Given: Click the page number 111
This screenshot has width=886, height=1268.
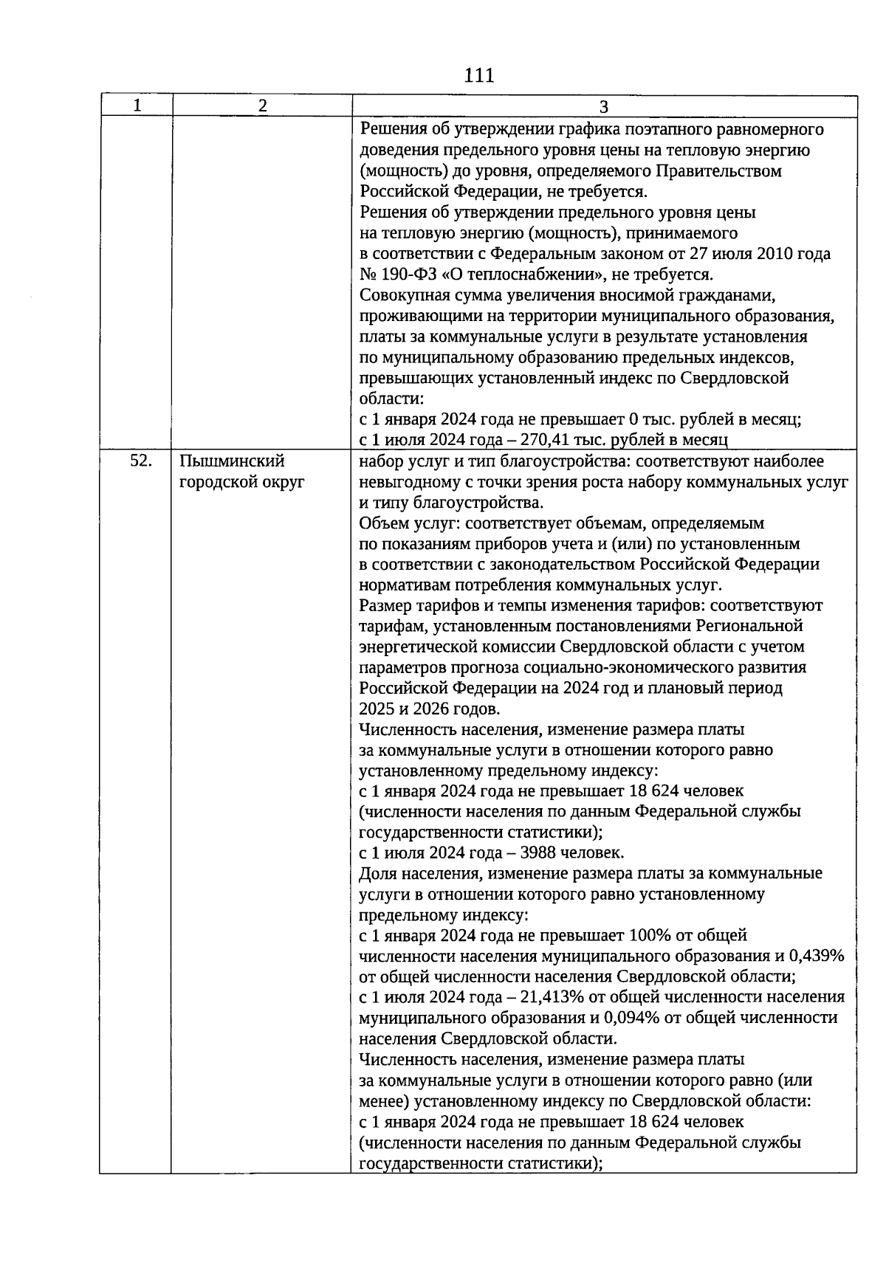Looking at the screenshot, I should click(x=479, y=75).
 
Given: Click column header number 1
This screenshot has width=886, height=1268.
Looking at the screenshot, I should click(x=137, y=106).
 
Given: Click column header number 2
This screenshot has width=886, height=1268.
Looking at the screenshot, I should click(x=262, y=106).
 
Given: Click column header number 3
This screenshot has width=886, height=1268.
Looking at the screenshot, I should click(x=603, y=106).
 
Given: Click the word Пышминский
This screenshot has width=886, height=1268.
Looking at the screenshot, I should click(x=233, y=461).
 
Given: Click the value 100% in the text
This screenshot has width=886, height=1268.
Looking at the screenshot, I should click(x=650, y=935).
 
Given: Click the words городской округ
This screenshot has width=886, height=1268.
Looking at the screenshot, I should click(x=242, y=483).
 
